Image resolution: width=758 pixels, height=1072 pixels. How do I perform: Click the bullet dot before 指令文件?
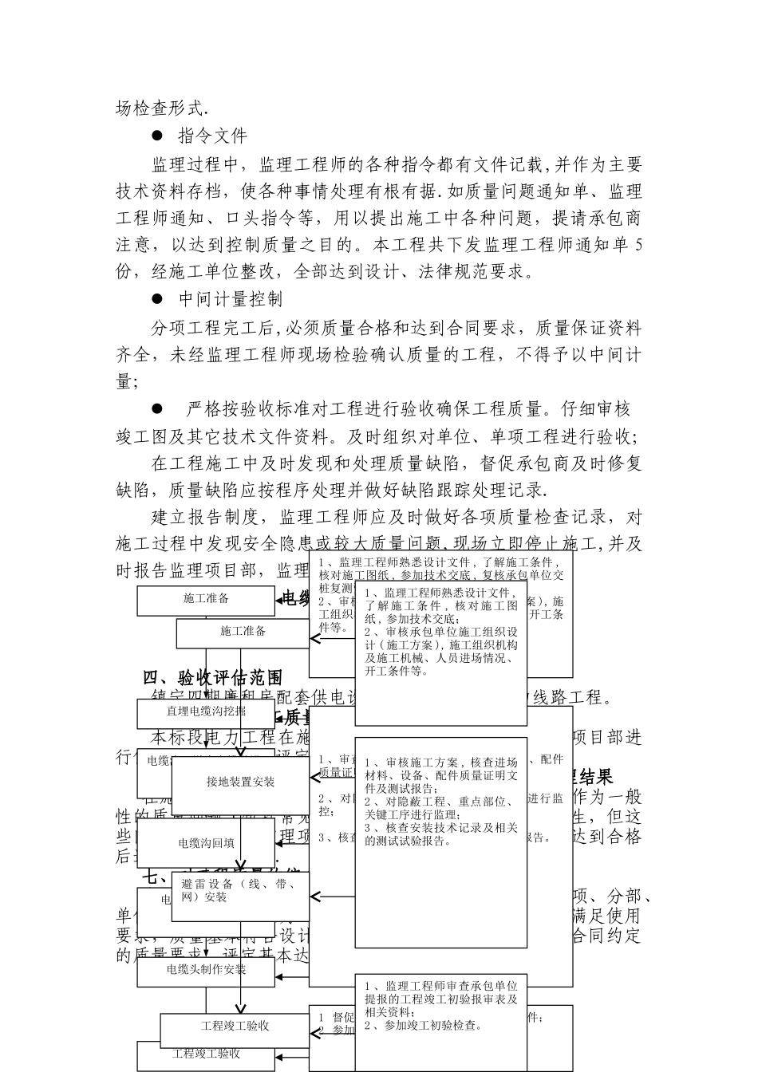tap(158, 136)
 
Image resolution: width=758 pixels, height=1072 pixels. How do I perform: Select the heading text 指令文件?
tap(213, 136)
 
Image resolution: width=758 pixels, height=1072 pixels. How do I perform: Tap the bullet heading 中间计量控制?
tap(231, 299)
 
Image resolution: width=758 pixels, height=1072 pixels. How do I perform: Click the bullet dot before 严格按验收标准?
tap(158, 408)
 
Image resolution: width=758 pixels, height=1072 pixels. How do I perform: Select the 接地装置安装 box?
tap(240, 782)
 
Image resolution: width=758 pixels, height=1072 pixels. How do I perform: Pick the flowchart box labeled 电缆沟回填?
tap(206, 843)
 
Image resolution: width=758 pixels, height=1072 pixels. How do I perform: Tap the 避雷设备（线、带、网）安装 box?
tap(240, 890)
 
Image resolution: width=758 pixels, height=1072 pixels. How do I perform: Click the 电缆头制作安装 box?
tap(206, 970)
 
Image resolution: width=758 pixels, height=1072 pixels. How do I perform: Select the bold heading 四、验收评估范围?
tap(213, 678)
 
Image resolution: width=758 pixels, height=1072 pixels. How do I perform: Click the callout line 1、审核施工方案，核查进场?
tap(441, 763)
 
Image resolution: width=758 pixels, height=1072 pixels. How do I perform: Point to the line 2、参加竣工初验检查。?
tap(423, 1026)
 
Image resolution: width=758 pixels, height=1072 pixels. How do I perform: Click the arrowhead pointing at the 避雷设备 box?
tap(315, 897)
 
